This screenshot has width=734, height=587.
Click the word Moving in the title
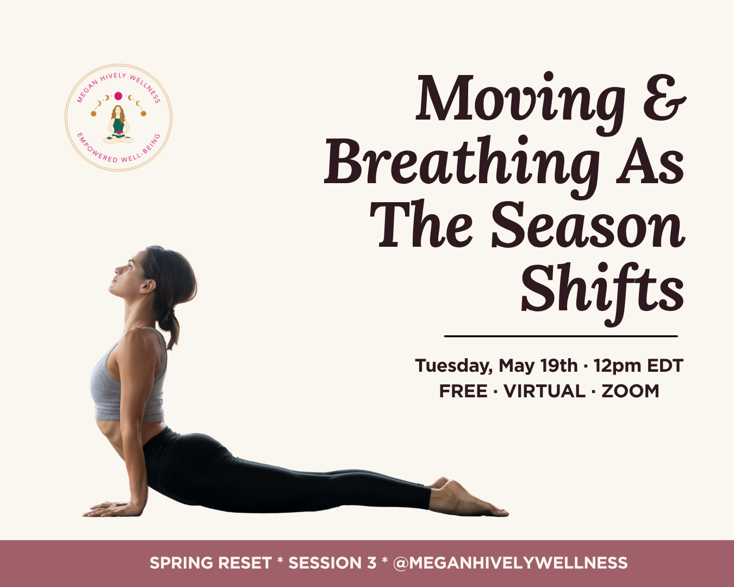click(519, 101)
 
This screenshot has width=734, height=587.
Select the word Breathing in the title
click(462, 163)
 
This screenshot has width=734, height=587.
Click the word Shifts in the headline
click(602, 288)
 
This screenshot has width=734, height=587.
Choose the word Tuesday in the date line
click(453, 366)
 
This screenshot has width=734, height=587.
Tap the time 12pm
click(618, 366)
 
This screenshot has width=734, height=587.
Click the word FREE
click(463, 391)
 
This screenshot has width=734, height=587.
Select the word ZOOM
click(630, 391)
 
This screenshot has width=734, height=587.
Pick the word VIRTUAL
click(545, 391)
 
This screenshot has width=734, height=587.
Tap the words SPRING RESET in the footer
click(210, 563)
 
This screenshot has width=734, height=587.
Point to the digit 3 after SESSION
click(371, 563)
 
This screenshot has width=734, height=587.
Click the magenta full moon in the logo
click(118, 96)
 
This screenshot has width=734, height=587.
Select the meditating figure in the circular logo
click(118, 124)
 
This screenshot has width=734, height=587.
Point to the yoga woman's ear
click(146, 285)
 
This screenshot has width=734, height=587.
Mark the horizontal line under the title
click(561, 336)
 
